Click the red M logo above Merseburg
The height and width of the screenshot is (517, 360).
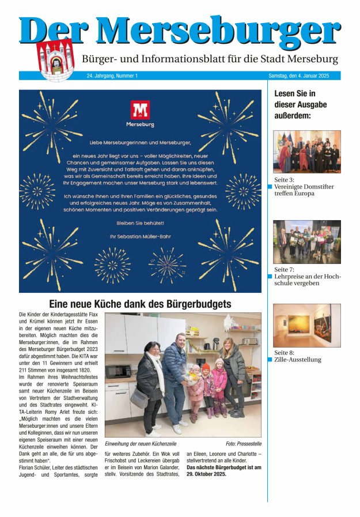[x=140, y=110]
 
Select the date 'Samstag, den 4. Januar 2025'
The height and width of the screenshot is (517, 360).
[x=302, y=76]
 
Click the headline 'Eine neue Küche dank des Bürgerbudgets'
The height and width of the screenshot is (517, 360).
[x=140, y=304]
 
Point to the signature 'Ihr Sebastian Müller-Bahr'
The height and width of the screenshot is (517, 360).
[x=140, y=236]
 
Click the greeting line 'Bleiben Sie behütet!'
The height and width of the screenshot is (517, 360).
[x=140, y=223]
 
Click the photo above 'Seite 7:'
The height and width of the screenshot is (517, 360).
[x=306, y=241]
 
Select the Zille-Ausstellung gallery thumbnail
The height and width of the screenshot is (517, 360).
[x=306, y=325]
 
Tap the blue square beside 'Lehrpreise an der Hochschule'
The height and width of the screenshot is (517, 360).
[x=270, y=277]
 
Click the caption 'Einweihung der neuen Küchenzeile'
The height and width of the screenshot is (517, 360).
[x=141, y=444]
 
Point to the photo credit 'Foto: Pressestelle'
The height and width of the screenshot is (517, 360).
[x=243, y=444]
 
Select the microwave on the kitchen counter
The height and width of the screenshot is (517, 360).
[x=118, y=371]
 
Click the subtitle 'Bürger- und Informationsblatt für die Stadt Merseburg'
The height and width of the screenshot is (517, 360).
[x=210, y=59]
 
